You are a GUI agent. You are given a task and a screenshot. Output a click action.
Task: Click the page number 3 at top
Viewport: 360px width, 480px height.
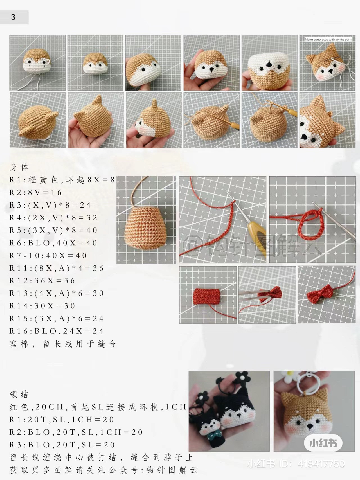[13, 17]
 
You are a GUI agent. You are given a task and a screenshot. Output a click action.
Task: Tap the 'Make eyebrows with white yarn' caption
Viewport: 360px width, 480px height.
[328, 40]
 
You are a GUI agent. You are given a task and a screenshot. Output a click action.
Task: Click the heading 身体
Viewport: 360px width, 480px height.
[19, 167]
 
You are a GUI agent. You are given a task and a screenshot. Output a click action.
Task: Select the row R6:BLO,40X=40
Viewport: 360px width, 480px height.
[53, 243]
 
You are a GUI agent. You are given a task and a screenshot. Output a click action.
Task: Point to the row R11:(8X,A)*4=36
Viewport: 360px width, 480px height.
[56, 268]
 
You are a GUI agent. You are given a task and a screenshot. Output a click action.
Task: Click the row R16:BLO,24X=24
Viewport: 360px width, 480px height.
[56, 331]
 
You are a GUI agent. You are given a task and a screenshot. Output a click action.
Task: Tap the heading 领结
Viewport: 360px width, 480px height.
[19, 394]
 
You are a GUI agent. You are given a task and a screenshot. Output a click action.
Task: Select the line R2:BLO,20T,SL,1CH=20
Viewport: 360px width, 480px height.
[76, 432]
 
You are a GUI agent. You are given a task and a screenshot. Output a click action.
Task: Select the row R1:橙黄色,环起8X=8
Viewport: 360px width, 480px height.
[62, 180]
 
